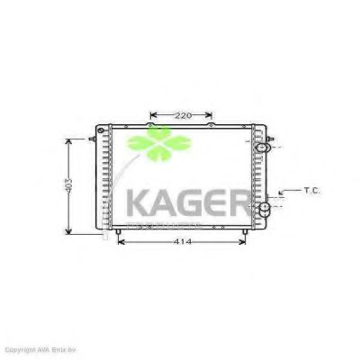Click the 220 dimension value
click(x=183, y=115)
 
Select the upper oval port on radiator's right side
click(x=263, y=148)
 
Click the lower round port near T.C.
click(x=266, y=211)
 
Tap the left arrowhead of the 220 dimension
click(x=151, y=115)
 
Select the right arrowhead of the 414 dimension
click(x=247, y=241)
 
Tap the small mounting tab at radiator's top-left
click(x=94, y=139)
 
